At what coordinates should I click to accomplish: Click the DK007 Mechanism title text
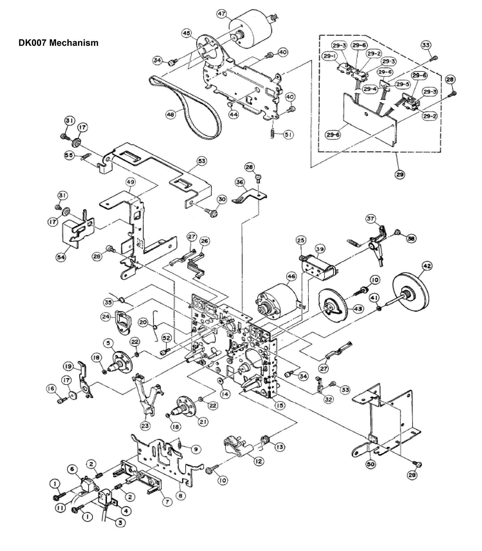coord(58,43)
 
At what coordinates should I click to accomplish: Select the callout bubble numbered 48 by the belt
coord(171,115)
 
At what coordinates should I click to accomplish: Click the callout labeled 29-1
coord(329,56)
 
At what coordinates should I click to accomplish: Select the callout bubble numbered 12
coord(259,461)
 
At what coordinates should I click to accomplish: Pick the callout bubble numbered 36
coord(239,182)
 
